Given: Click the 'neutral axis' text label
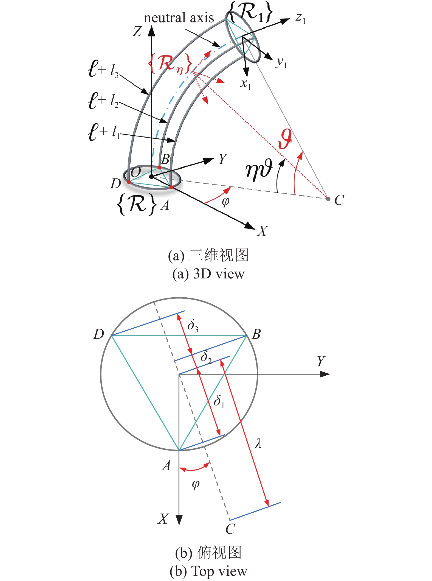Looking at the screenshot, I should click(179, 18).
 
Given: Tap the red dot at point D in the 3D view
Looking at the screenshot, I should click(129, 182).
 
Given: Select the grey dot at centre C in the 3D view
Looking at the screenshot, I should click(328, 199).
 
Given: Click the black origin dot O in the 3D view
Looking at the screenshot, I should click(151, 177).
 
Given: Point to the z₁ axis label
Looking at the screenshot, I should click(301, 18).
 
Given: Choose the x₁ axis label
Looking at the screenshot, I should click(245, 83).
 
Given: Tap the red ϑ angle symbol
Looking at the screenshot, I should click(284, 139).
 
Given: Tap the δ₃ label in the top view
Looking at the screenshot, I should click(193, 326).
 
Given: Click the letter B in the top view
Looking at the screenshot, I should click(256, 334).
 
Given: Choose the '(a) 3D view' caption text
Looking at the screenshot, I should click(208, 274).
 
